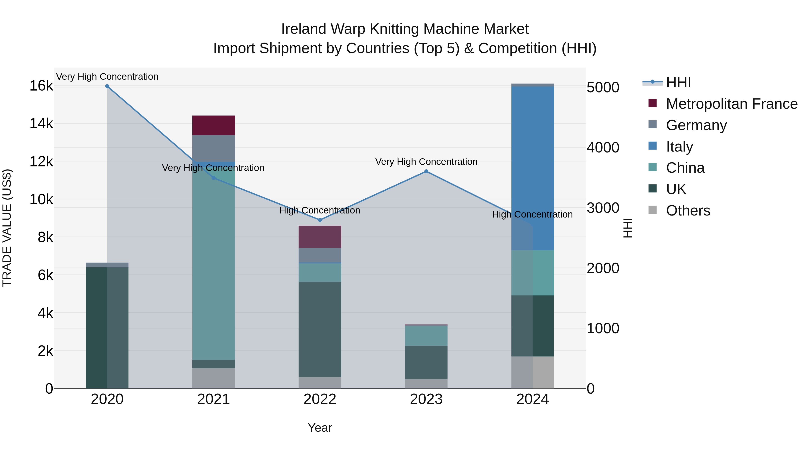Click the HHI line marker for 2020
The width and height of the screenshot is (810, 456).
[x=107, y=86]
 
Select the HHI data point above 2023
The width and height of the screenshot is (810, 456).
[x=426, y=172]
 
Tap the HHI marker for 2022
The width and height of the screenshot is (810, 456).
[x=320, y=220]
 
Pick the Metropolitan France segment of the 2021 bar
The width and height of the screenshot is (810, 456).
[x=214, y=125]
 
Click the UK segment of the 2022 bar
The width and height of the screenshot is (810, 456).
[x=320, y=329]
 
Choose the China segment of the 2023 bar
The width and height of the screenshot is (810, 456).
[x=426, y=336]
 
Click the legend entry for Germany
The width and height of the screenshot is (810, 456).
[x=696, y=125]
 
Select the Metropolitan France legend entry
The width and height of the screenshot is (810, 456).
[x=731, y=104]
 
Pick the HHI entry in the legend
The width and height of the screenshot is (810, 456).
[x=678, y=82]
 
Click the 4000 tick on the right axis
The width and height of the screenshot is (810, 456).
[x=603, y=147]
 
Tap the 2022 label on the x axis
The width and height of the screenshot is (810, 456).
[x=320, y=399]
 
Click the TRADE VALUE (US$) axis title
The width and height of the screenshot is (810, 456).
[x=7, y=228]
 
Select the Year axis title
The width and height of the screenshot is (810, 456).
[x=320, y=428]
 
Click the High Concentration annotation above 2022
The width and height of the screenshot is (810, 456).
[x=320, y=210]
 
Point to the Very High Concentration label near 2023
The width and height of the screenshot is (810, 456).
[x=426, y=162]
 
